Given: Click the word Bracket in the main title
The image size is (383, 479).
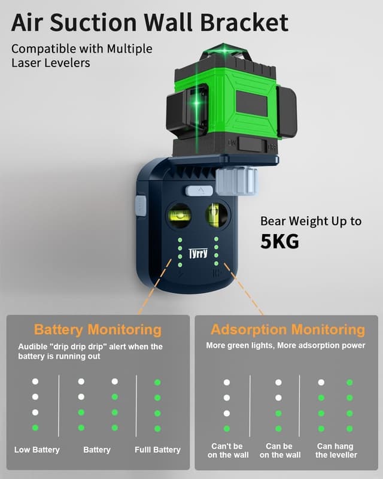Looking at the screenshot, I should (244, 23).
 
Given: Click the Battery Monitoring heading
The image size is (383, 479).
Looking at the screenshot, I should (98, 329).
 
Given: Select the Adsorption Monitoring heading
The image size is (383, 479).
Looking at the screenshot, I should (288, 329).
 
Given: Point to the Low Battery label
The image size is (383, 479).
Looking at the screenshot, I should (37, 450).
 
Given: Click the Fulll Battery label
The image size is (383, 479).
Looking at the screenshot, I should (157, 450).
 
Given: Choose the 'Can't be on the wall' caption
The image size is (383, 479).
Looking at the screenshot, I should (228, 450).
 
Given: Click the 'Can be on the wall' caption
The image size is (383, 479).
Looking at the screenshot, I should (280, 450).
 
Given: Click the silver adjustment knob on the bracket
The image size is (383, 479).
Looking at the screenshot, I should (237, 180).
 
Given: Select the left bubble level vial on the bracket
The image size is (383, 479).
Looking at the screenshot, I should (180, 213).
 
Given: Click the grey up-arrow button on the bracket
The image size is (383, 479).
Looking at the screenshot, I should (199, 190).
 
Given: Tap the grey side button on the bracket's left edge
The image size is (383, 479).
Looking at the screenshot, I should (141, 205).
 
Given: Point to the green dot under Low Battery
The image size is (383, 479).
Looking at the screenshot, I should (35, 428).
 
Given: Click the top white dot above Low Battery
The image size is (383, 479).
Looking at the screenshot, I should (35, 381).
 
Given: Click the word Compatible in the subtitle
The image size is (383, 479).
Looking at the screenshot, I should (41, 48).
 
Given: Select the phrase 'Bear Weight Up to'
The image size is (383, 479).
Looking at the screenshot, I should (311, 221).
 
